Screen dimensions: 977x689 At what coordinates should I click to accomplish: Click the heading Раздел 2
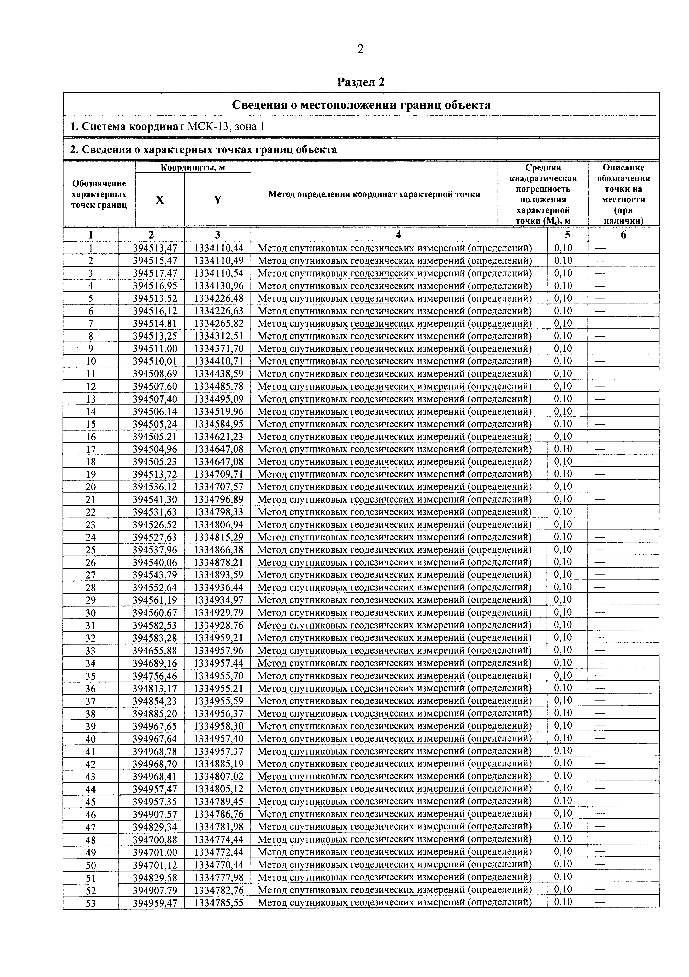click(x=361, y=82)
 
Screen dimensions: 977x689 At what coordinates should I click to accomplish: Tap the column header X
click(x=160, y=200)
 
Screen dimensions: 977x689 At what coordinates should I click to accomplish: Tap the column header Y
click(x=218, y=200)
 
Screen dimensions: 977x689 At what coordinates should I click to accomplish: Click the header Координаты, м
click(x=193, y=167)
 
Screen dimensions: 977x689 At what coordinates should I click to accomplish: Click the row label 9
click(x=91, y=349)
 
